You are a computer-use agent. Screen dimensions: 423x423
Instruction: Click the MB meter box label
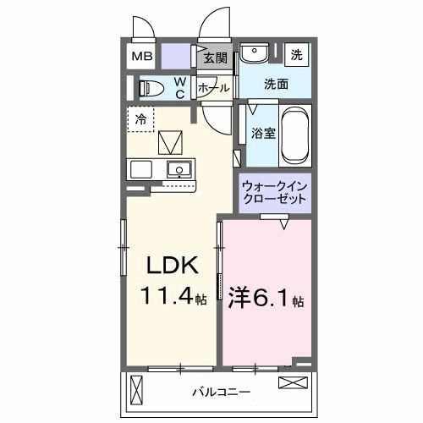(x=141, y=58)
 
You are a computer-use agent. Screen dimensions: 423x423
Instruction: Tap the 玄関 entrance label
(x=216, y=58)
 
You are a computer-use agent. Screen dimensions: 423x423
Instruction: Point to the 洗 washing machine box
(x=297, y=55)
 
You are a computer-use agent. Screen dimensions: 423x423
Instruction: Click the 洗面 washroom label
(x=276, y=84)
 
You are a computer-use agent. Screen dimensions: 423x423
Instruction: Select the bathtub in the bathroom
(x=295, y=135)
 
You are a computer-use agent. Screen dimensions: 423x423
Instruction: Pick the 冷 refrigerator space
(x=141, y=118)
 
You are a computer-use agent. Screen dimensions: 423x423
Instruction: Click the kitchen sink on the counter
(x=179, y=169)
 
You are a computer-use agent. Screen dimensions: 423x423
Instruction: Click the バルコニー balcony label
(x=221, y=393)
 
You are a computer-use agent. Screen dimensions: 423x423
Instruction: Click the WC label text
(x=180, y=87)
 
